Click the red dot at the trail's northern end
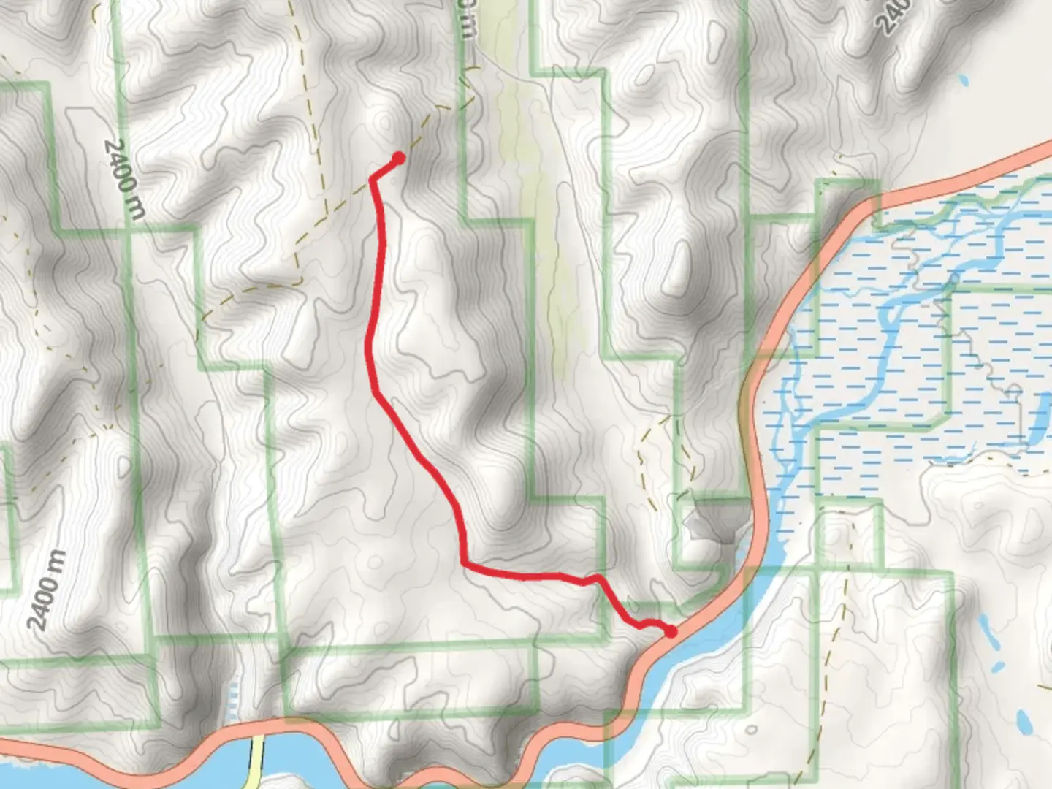[399, 157]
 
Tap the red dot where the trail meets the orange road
[670, 631]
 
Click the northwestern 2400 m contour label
[124, 178]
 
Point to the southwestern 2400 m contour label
[47, 590]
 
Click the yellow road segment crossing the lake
[258, 760]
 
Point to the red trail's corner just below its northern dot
[373, 178]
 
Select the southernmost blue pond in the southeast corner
[1024, 723]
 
